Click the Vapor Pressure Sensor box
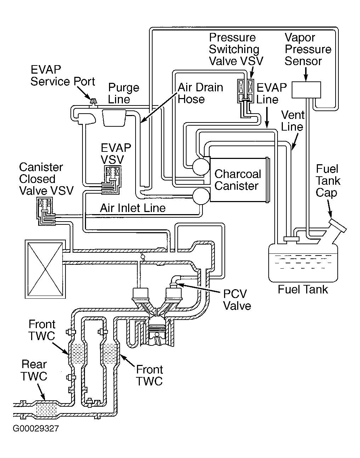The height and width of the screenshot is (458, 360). (306, 90)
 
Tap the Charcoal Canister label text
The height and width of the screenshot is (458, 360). (238, 180)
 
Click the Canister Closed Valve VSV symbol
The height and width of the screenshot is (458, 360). (46, 208)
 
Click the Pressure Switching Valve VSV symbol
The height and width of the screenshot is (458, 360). (246, 91)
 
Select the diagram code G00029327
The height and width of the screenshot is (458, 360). (36, 429)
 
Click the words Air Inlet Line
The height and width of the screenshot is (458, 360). (133, 208)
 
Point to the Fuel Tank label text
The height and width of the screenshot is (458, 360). (303, 290)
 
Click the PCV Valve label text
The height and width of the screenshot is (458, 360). (237, 300)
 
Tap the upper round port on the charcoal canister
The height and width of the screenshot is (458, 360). (201, 166)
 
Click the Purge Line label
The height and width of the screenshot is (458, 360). (124, 93)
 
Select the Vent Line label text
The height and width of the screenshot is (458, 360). (292, 121)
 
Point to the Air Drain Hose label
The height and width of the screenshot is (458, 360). (200, 93)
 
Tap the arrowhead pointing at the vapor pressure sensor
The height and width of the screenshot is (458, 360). (306, 79)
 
